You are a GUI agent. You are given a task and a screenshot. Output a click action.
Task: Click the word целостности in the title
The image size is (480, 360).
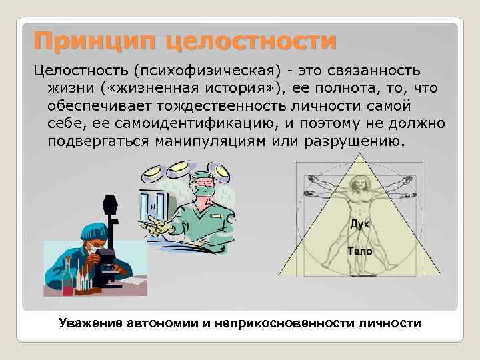pyautogui.click(x=251, y=41)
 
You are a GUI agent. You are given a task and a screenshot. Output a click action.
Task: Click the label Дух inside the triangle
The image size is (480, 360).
pyautogui.click(x=359, y=225)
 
